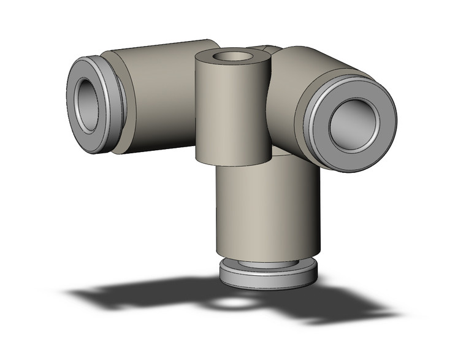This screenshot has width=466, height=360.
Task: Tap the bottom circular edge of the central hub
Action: click(233, 164)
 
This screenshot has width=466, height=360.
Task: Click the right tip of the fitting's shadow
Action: click(392, 315)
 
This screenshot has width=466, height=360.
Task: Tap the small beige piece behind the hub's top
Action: click(264, 47)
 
